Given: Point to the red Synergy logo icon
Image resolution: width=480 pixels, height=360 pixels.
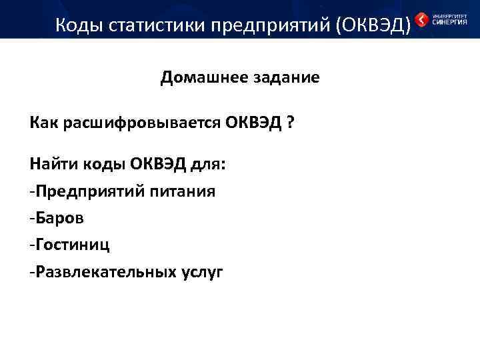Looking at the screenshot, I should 421,19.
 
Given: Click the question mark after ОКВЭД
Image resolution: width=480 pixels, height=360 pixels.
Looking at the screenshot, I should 291,124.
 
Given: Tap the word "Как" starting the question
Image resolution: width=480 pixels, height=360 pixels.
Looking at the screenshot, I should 45,124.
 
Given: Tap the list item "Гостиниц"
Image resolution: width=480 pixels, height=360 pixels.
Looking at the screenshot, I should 73,245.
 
